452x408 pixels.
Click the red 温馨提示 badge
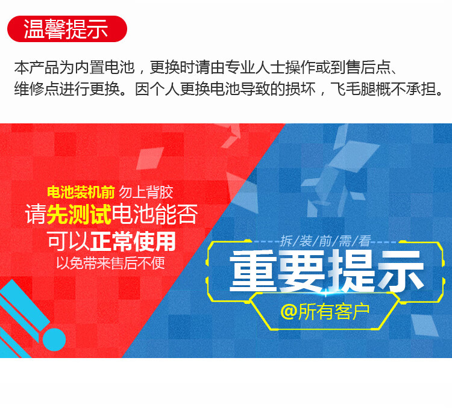(67, 29)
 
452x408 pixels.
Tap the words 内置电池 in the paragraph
(105, 67)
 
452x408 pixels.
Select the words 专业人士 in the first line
(254, 67)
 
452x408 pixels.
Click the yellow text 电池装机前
(81, 192)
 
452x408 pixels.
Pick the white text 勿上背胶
(146, 192)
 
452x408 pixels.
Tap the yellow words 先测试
(79, 214)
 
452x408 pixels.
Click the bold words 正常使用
(133, 241)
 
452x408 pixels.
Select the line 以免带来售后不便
(111, 263)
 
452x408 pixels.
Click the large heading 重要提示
(327, 270)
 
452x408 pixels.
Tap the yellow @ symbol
(289, 311)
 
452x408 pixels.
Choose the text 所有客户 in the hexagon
(334, 311)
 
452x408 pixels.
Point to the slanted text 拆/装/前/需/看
(325, 241)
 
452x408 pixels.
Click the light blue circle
(54, 339)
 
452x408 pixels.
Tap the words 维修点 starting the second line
(37, 89)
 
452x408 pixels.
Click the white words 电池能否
(155, 214)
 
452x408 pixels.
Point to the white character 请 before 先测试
(36, 214)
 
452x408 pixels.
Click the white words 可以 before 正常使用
(68, 241)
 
